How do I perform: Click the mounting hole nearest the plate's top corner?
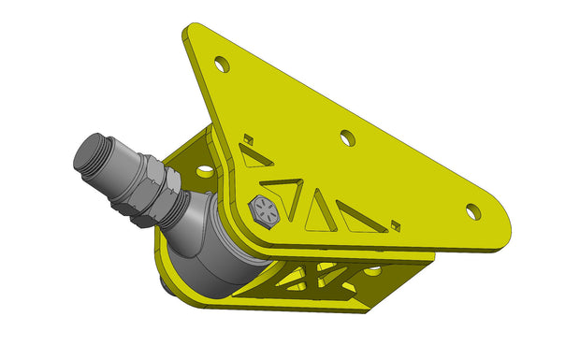pos(222,64)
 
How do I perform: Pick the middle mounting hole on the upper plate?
pos(347,137)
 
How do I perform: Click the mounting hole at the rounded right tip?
pos(473,211)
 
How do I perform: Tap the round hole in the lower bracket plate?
pos(372,270)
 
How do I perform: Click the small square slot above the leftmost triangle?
pos(248,139)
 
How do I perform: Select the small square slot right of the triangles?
pos(396,224)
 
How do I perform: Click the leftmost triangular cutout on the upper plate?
pos(254,156)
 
